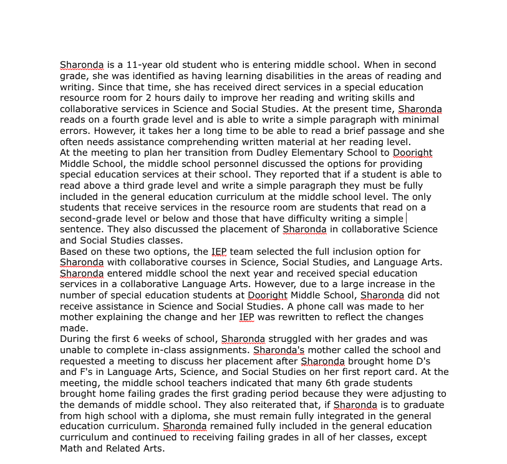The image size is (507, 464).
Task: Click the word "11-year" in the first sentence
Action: coord(145,65)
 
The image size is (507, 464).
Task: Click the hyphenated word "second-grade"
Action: coord(90,219)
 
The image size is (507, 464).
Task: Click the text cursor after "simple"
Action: coord(407,219)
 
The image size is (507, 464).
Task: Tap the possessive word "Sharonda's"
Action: coord(279,350)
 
